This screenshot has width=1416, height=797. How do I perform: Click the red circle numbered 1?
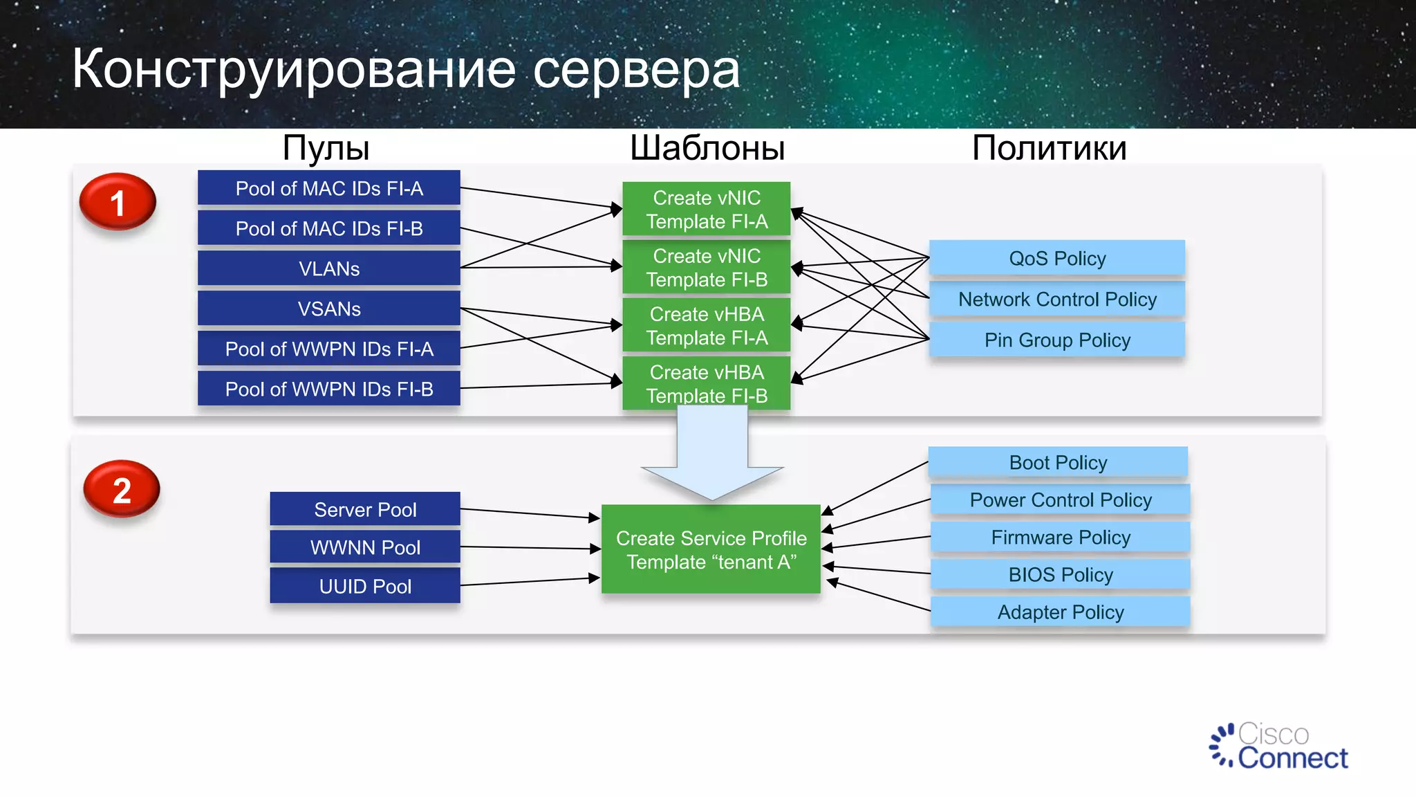click(x=118, y=202)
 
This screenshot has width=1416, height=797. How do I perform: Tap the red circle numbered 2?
click(x=122, y=489)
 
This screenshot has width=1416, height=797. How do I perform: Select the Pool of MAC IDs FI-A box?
click(x=329, y=188)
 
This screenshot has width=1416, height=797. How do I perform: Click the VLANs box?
click(x=329, y=268)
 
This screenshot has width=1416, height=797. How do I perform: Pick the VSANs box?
click(x=329, y=309)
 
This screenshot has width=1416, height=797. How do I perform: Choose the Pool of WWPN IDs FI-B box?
click(x=329, y=389)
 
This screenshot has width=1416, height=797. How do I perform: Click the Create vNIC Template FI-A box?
click(x=707, y=209)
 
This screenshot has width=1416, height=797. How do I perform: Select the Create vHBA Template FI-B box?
click(x=707, y=383)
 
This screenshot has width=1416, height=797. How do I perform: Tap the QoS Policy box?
click(x=1057, y=258)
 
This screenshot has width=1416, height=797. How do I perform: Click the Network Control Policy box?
click(x=1057, y=299)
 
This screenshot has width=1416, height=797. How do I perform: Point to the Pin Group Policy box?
click(x=1057, y=340)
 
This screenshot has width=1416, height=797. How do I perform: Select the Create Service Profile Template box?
click(x=711, y=549)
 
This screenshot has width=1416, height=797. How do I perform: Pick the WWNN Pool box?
click(x=365, y=547)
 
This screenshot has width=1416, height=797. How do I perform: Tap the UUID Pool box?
click(x=365, y=586)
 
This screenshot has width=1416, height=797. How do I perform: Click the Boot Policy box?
click(x=1058, y=462)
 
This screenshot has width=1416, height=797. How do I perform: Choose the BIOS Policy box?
click(x=1061, y=574)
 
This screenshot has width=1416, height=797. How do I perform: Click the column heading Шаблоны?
click(x=707, y=148)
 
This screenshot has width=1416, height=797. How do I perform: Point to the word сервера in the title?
click(x=636, y=70)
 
